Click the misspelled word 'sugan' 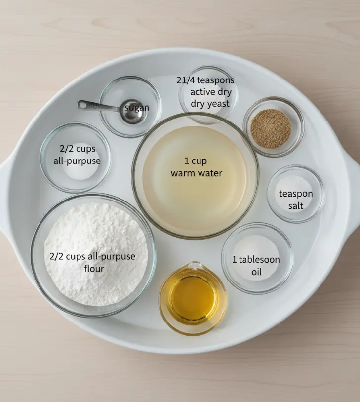click(x=137, y=108)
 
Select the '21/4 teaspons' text click(x=205, y=80)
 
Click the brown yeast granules click(x=271, y=130)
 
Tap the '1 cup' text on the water click(x=196, y=161)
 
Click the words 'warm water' click(x=197, y=173)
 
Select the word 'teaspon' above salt click(x=296, y=194)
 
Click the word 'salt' click(x=296, y=205)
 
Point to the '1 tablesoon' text click(x=256, y=260)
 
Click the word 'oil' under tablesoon click(x=256, y=272)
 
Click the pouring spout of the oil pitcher click(x=195, y=265)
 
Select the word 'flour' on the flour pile click(x=94, y=269)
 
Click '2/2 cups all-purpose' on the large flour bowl click(x=92, y=257)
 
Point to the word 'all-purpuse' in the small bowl click(x=77, y=161)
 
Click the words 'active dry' click(x=211, y=92)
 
